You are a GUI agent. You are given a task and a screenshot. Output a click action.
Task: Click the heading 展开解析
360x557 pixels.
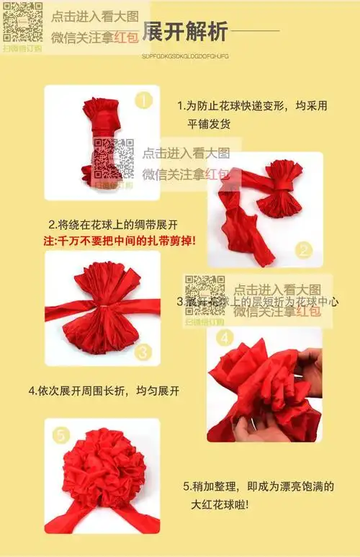(x=185, y=32)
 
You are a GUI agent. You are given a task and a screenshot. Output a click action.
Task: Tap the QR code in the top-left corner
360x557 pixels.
(x=22, y=22)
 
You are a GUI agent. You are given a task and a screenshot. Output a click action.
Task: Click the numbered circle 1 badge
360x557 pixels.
(x=145, y=100)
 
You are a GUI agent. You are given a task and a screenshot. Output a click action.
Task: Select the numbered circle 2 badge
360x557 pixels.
(x=305, y=251)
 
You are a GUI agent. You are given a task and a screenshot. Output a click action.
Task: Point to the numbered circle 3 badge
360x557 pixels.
(x=143, y=352)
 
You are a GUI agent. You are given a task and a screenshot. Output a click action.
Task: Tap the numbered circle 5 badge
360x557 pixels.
(x=61, y=435)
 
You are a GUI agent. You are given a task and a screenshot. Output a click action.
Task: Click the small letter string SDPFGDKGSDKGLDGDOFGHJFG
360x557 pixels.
(x=185, y=55)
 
